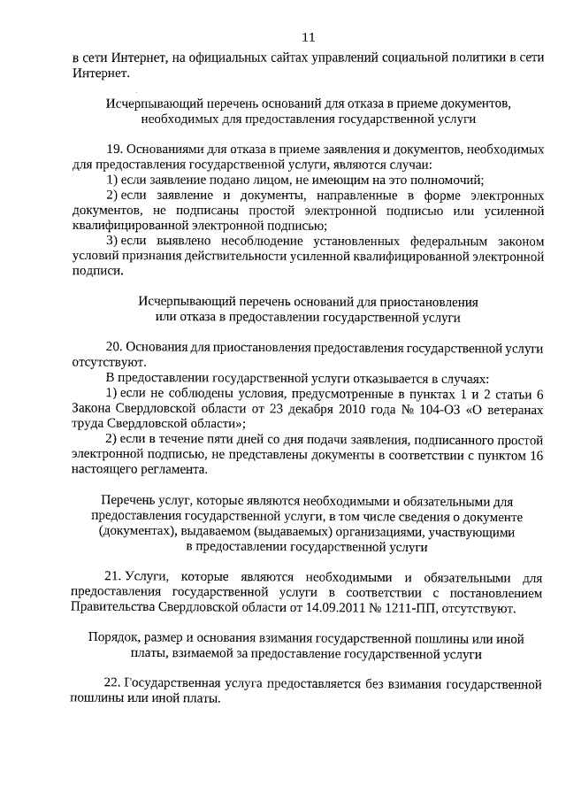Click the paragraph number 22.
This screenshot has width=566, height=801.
pos(112,684)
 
